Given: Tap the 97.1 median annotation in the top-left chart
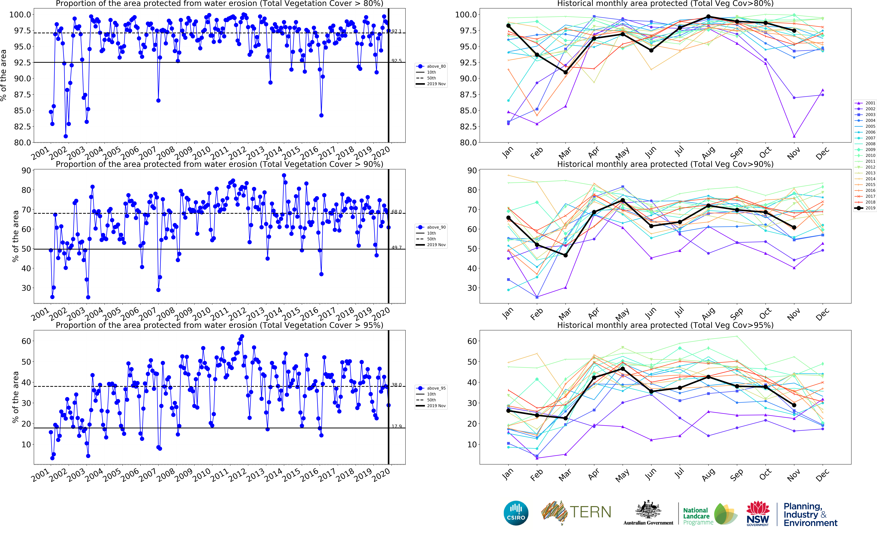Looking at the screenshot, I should click(397, 31).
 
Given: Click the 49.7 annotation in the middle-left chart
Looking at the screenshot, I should click(397, 247).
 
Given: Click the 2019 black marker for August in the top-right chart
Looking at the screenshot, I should click(708, 17).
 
